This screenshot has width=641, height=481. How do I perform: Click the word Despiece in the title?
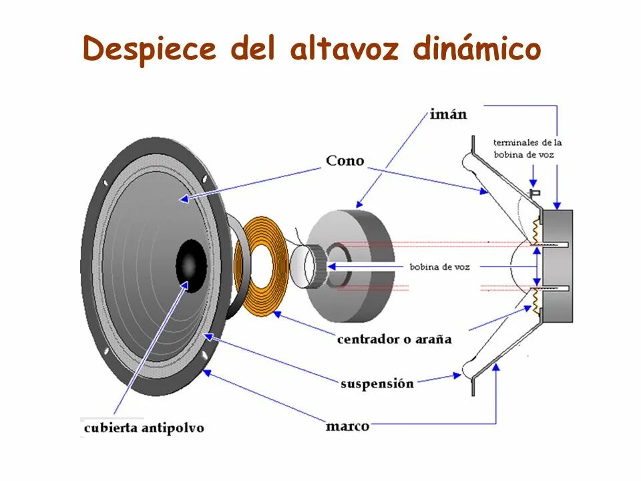point(150,49)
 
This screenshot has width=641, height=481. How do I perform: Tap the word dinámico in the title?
point(477,49)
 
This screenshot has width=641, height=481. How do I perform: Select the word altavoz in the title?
point(343,49)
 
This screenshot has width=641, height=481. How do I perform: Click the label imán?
point(447,114)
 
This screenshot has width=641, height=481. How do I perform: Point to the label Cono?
point(345,161)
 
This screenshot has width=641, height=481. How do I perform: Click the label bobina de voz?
point(440,267)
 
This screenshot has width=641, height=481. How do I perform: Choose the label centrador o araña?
point(394,339)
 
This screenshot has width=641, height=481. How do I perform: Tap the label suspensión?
point(377,384)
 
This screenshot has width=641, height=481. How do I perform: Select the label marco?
point(347,426)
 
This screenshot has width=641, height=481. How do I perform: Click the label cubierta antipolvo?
point(143,428)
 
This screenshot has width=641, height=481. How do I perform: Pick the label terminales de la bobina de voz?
point(527,148)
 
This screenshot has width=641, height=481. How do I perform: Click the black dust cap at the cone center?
point(191,266)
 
